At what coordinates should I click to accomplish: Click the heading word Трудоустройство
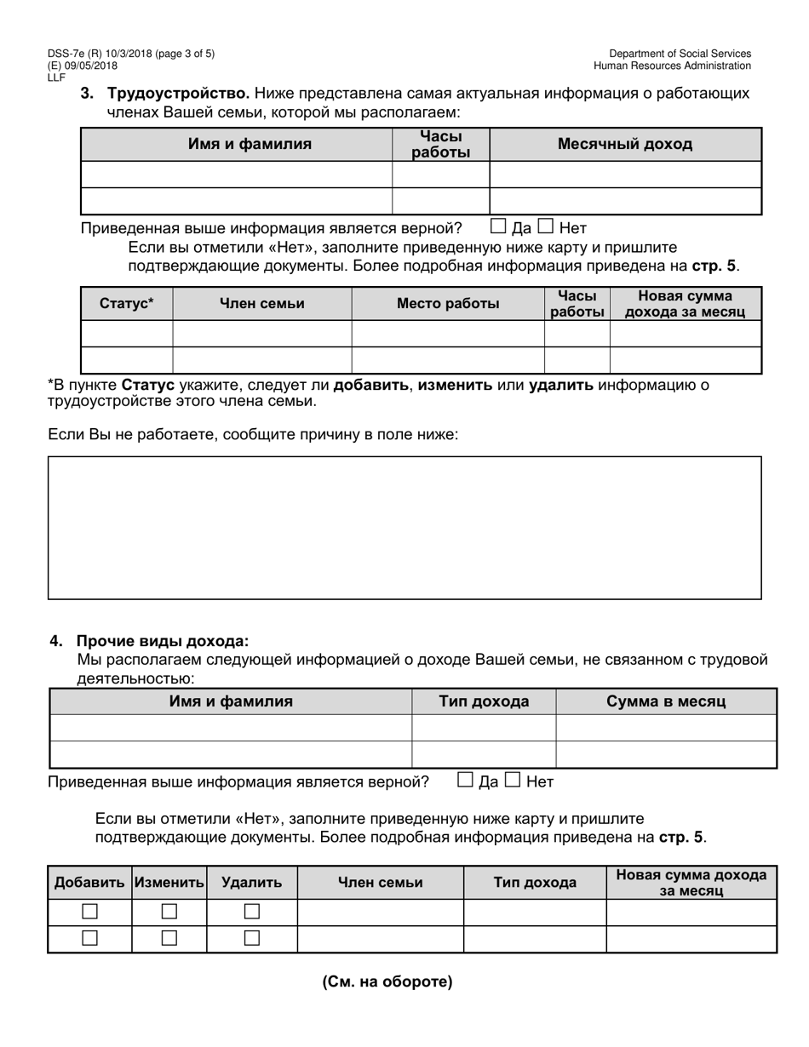(178, 93)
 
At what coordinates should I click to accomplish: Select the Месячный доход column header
(624, 144)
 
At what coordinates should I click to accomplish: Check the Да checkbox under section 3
(499, 226)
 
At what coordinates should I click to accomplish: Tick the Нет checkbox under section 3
(546, 226)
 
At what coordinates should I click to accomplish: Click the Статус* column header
(127, 304)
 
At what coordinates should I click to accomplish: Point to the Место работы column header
(448, 304)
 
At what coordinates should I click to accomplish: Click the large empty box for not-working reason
(404, 528)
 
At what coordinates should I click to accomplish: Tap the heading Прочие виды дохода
(163, 641)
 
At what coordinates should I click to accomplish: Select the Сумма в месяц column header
(666, 701)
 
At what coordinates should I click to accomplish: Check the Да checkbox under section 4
(466, 780)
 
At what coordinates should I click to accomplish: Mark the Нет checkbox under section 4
(513, 780)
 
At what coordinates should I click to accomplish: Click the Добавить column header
(89, 883)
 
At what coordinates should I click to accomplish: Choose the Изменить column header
(169, 883)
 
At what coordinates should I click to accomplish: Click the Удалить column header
(251, 883)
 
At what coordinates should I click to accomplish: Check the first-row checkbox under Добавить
(89, 912)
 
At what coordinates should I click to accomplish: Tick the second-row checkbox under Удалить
(251, 938)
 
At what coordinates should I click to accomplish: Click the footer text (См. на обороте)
(387, 981)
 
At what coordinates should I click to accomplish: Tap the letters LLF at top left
(56, 77)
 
